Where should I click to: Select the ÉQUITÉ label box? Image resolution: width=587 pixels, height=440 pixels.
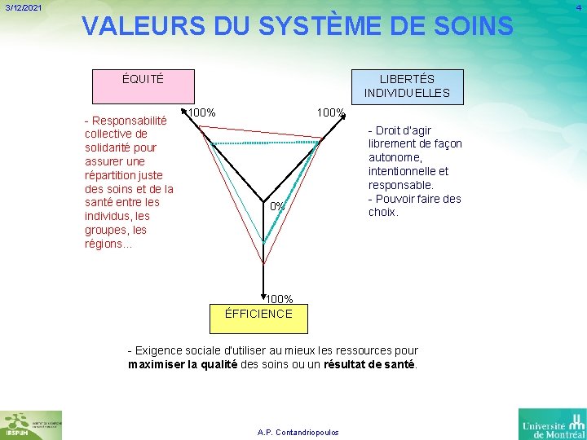(x=143, y=79)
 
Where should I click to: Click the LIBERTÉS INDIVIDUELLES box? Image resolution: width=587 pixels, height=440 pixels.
(x=407, y=86)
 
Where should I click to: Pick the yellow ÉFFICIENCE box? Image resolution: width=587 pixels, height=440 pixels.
(x=258, y=313)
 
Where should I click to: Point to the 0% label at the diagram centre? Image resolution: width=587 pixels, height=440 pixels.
(x=277, y=206)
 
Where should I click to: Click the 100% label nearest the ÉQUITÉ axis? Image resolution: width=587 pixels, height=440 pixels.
(x=201, y=112)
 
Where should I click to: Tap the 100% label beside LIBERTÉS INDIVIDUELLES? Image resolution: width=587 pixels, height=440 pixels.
(x=330, y=112)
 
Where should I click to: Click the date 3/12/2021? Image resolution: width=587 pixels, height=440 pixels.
(x=23, y=8)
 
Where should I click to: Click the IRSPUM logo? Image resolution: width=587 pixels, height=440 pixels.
(x=31, y=425)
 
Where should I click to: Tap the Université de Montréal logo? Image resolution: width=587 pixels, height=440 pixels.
(x=552, y=424)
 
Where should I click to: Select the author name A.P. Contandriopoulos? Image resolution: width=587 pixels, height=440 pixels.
(x=298, y=432)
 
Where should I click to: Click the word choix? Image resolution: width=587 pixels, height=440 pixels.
(x=383, y=212)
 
